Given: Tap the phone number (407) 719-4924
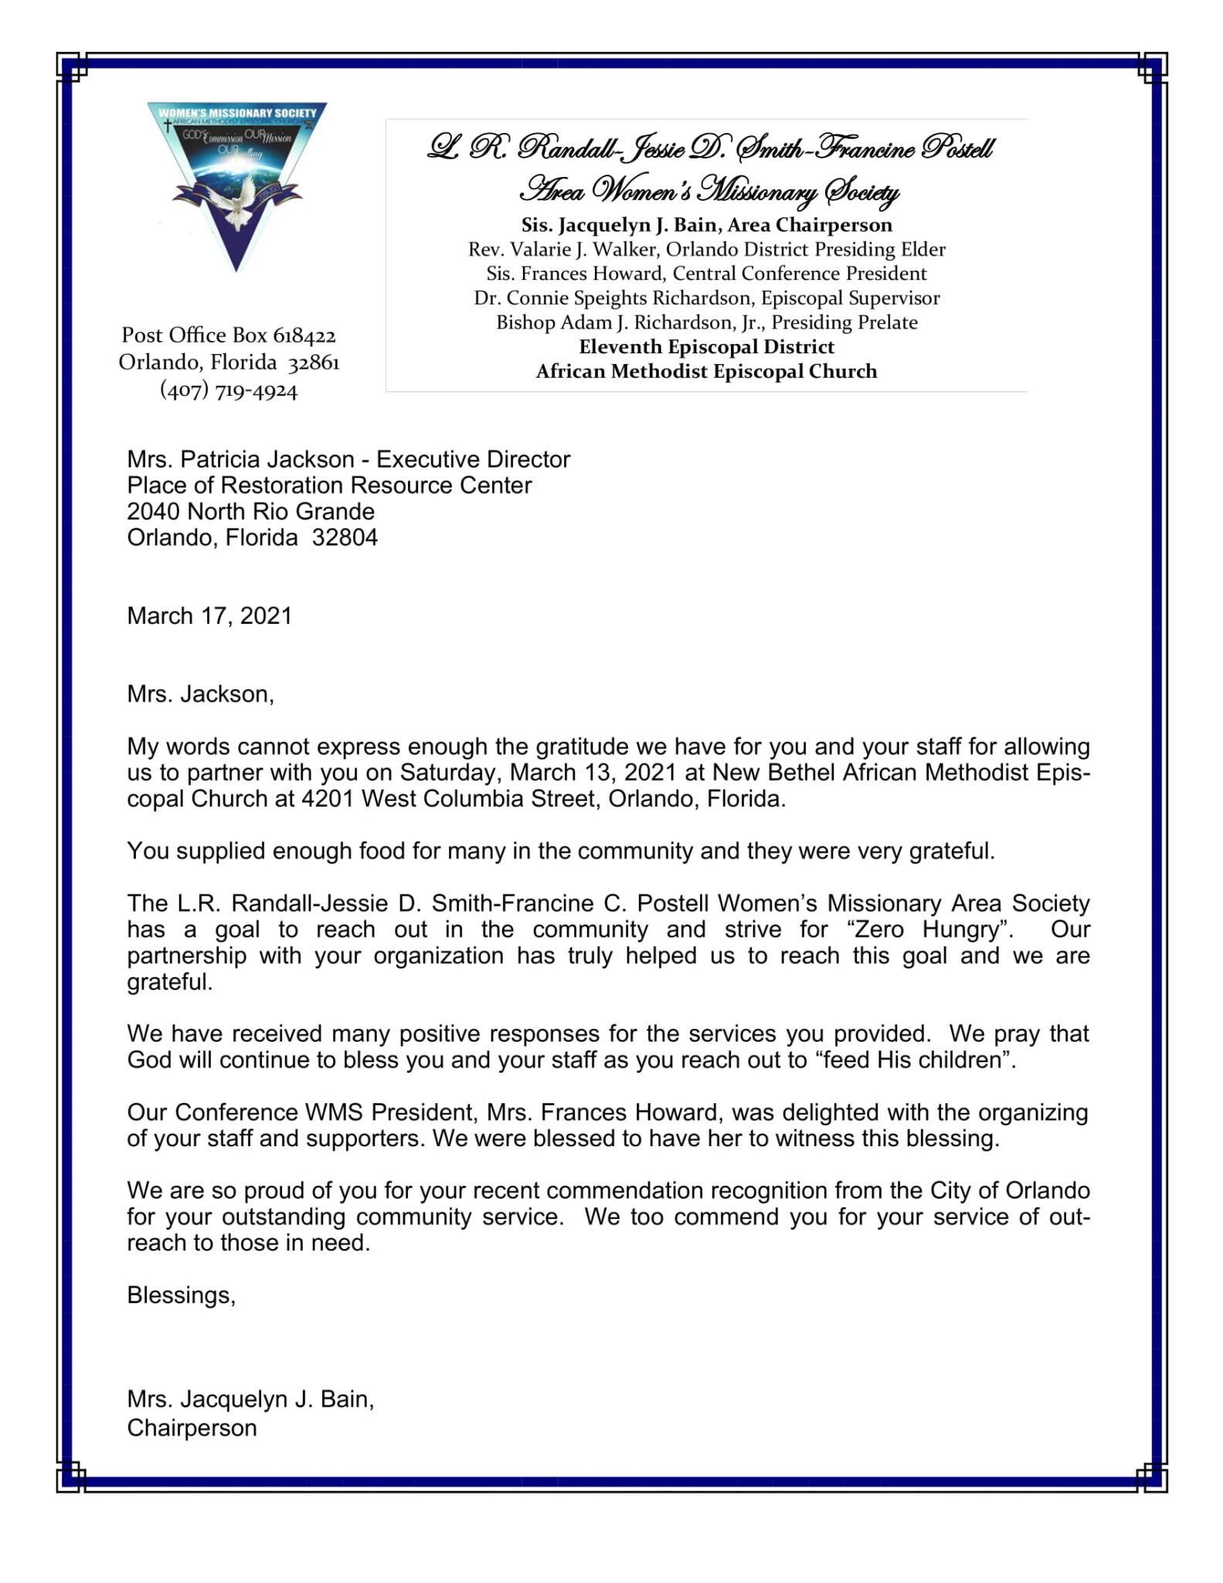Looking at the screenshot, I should tap(229, 390).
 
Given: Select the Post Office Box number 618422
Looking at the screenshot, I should tap(304, 335).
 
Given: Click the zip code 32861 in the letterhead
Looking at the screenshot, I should tap(314, 363).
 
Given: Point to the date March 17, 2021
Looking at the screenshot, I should tap(209, 616).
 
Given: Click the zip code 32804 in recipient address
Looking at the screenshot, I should tap(345, 537).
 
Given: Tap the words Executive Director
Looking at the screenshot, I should tap(473, 460).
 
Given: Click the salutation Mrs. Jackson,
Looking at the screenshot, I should tap(200, 694).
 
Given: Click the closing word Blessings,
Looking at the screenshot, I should tap(181, 1295).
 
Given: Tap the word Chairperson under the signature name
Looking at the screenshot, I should tap(192, 1428).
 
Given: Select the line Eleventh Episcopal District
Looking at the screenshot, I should tap(706, 347).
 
